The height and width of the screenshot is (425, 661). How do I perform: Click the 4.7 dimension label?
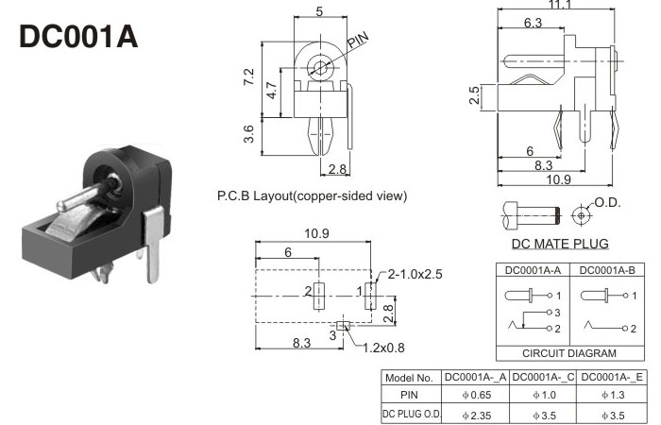(x=272, y=92)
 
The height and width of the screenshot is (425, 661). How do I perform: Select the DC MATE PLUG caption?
(x=560, y=244)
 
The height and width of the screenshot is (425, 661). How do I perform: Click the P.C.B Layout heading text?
(x=312, y=196)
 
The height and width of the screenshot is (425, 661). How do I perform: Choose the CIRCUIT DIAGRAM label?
(x=568, y=353)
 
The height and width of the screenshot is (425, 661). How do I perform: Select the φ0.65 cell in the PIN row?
(x=476, y=394)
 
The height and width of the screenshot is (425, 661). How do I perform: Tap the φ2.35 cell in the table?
(x=476, y=413)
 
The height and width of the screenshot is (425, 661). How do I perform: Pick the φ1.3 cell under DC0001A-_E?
(x=613, y=394)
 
